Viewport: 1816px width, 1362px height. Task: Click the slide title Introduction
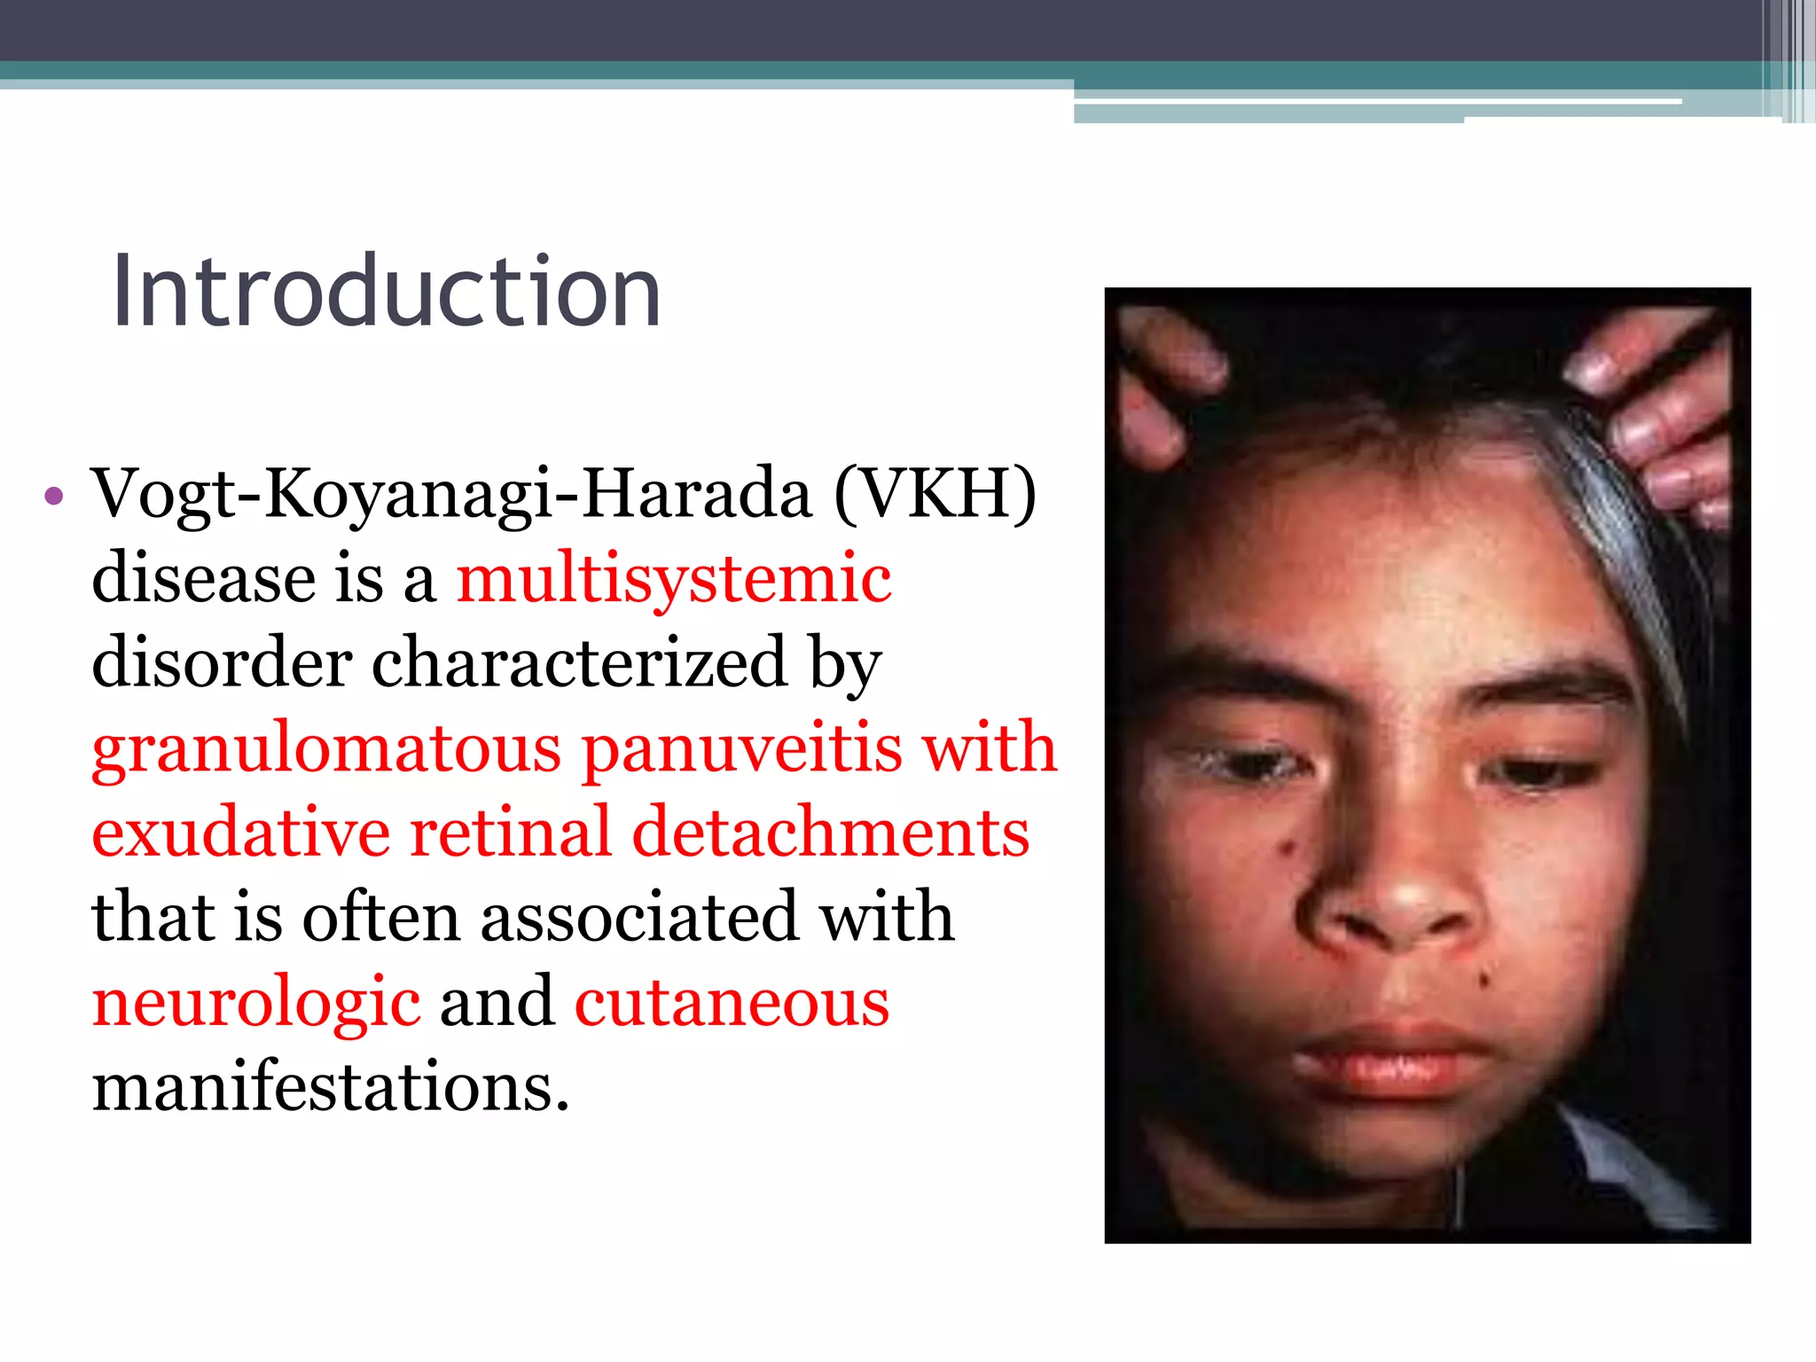(x=387, y=291)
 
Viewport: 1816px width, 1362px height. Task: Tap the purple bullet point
(x=54, y=496)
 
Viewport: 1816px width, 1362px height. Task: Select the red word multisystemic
(x=674, y=578)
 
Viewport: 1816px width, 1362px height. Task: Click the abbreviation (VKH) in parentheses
(x=935, y=494)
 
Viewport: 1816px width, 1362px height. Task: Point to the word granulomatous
(x=326, y=749)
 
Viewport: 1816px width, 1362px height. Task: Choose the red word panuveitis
(x=742, y=748)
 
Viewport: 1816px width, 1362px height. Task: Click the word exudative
(x=240, y=833)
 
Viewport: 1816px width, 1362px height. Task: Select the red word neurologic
(x=256, y=1004)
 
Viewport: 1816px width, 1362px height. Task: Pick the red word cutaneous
(x=732, y=1002)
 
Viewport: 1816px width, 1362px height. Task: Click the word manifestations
(x=330, y=1087)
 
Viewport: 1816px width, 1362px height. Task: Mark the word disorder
(x=222, y=662)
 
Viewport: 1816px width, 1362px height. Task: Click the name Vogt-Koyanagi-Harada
(x=451, y=494)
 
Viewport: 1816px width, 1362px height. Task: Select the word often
(x=381, y=917)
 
